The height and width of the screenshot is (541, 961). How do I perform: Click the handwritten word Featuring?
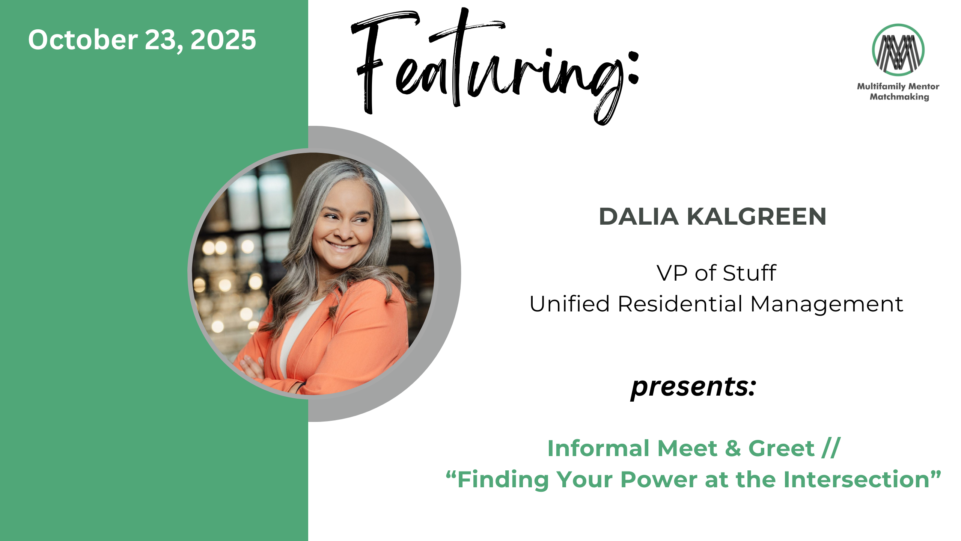(495, 66)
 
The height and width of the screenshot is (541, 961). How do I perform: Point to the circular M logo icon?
(898, 50)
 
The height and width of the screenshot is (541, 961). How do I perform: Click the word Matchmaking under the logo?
(899, 97)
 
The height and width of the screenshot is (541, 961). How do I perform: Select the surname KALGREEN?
(756, 216)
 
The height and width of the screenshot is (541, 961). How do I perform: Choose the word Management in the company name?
(827, 304)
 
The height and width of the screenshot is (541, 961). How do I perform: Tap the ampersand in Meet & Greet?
(733, 448)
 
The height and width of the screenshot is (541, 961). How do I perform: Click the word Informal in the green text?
(598, 448)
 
